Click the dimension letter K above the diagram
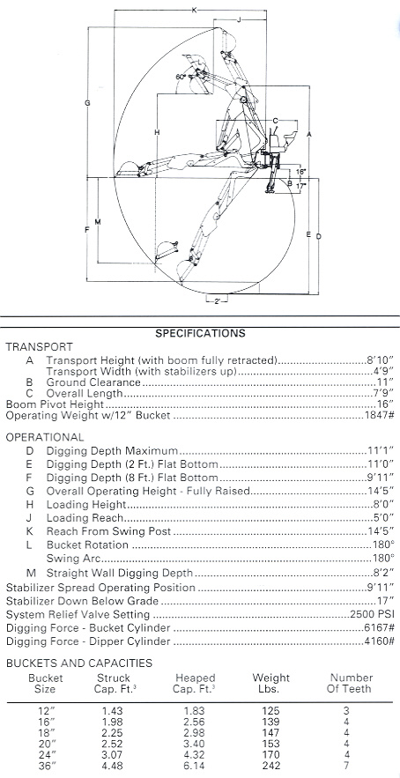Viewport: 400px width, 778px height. [194, 11]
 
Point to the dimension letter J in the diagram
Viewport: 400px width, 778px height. [239, 19]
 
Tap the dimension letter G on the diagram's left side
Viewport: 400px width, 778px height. [87, 103]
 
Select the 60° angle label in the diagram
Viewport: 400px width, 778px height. [181, 77]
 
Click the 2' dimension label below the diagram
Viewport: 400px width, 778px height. [218, 300]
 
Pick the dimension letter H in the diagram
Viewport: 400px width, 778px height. [157, 132]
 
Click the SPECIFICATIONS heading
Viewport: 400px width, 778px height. [200, 333]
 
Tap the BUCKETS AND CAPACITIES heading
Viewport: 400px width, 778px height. [79, 663]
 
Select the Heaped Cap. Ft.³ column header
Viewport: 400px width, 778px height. [194, 683]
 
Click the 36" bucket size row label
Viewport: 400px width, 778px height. [45, 765]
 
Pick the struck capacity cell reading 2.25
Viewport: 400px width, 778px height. [114, 732]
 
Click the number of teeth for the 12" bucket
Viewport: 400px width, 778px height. [346, 710]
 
